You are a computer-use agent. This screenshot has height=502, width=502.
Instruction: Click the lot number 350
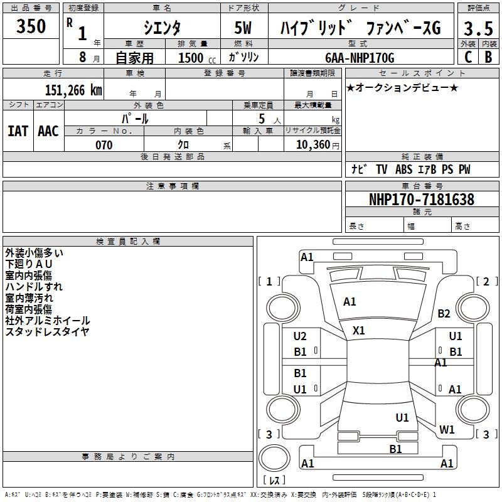(31, 27)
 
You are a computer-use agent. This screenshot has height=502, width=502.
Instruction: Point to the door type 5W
(244, 28)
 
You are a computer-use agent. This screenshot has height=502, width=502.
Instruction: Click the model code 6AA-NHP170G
(360, 58)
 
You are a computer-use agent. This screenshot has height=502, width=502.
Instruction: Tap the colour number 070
(104, 145)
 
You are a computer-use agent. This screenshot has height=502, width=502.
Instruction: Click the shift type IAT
(18, 131)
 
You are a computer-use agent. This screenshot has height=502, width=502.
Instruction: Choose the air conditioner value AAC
(48, 131)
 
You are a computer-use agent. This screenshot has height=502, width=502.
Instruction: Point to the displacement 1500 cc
(194, 58)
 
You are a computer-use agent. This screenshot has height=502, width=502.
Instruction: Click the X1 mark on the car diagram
(359, 330)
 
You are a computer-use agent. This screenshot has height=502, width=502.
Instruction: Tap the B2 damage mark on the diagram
(444, 314)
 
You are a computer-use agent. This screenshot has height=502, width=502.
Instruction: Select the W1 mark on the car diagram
(447, 430)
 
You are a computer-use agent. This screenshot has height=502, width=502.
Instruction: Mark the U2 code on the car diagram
(301, 336)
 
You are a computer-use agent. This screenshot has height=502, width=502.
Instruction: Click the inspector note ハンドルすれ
(34, 287)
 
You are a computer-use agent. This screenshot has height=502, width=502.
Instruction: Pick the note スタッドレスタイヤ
(47, 332)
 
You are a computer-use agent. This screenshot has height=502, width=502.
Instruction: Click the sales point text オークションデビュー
(402, 88)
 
